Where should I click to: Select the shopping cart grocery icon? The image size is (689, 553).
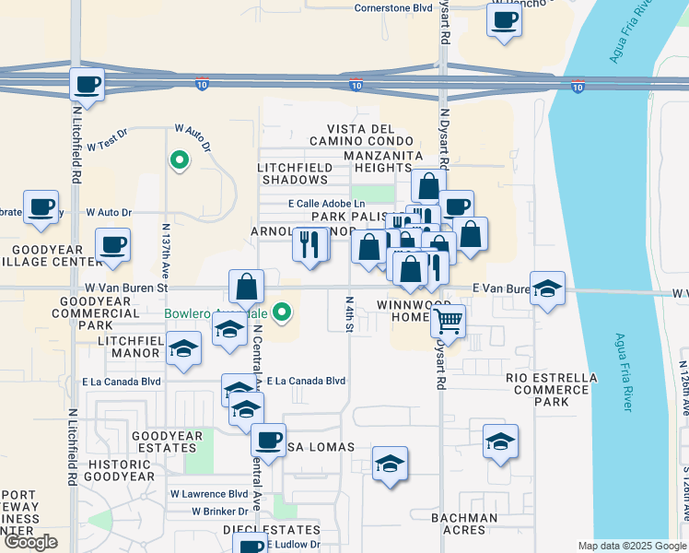point(448,323)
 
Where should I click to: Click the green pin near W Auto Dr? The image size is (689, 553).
point(179,161)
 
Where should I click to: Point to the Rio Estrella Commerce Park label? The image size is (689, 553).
point(551,390)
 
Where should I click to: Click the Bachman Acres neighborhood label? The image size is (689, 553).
point(464,524)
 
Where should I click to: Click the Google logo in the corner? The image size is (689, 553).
point(30,542)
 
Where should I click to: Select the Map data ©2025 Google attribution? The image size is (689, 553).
point(632,546)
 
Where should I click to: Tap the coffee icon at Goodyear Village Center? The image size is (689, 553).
point(112,245)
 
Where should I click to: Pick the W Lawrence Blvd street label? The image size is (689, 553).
point(208,494)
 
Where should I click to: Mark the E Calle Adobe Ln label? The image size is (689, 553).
point(320,204)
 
